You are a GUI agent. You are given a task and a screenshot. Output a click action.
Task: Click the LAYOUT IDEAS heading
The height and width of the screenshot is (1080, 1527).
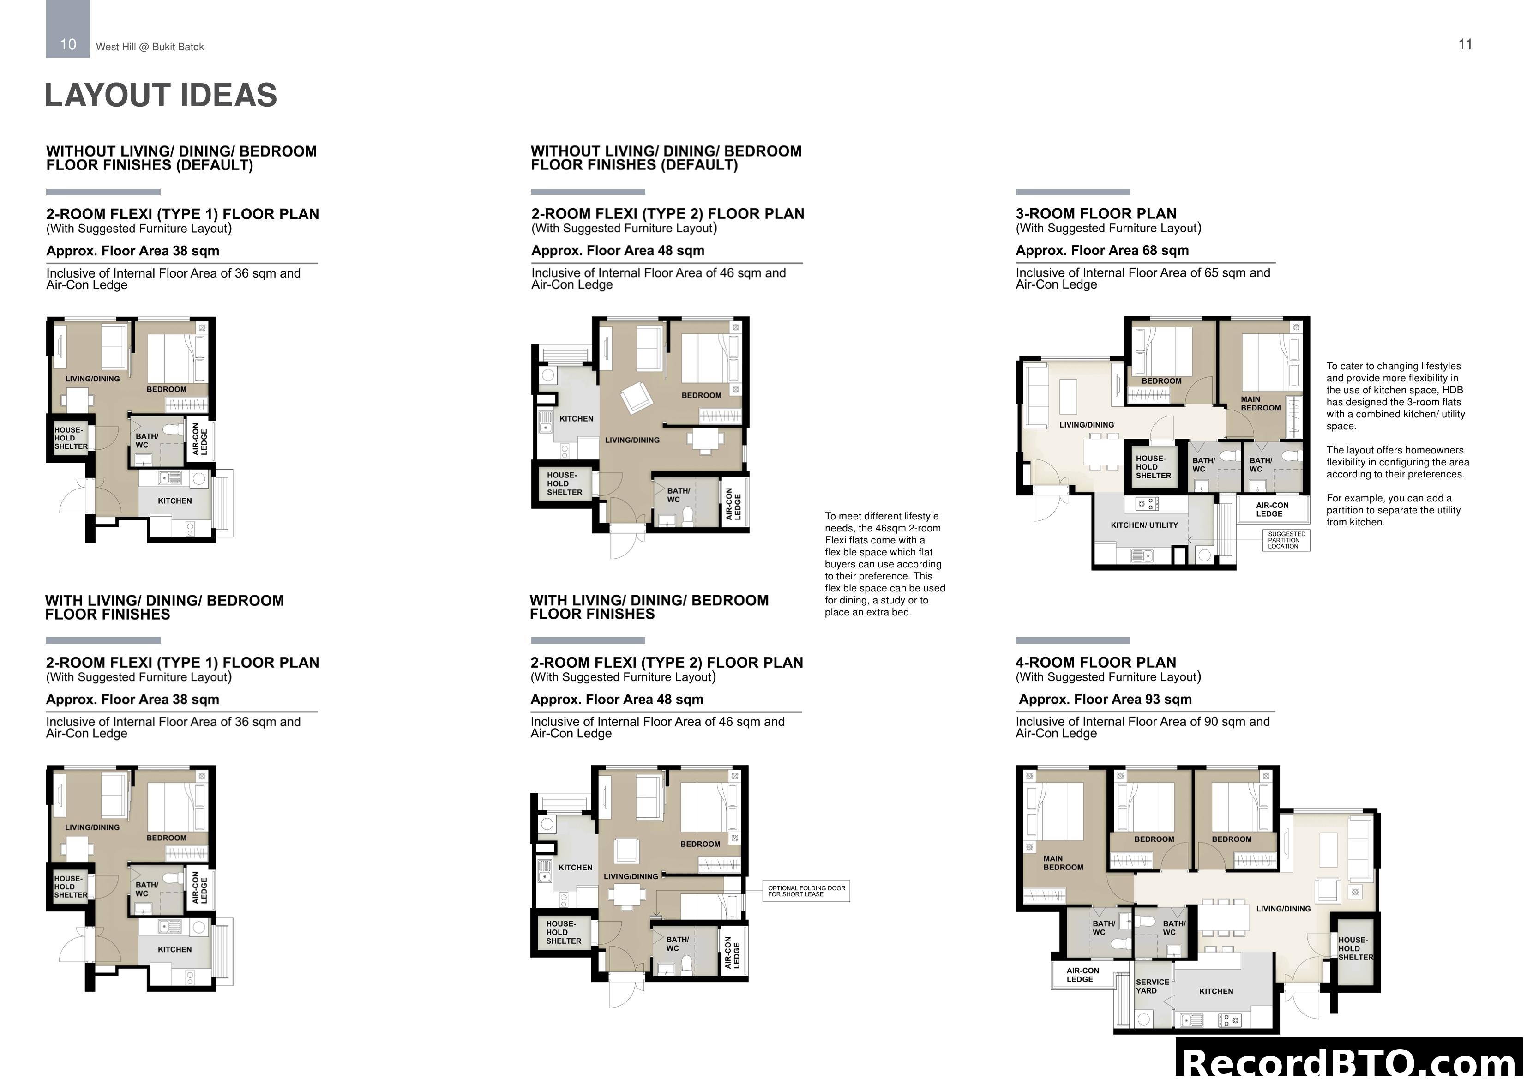pyautogui.click(x=160, y=95)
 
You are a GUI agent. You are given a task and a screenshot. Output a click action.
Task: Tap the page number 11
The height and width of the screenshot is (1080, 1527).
pyautogui.click(x=1465, y=45)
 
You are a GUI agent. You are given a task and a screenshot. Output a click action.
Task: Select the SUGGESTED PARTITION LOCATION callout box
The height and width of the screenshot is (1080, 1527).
pyautogui.click(x=1286, y=540)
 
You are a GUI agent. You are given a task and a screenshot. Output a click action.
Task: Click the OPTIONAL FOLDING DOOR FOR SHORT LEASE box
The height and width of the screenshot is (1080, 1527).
pyautogui.click(x=806, y=891)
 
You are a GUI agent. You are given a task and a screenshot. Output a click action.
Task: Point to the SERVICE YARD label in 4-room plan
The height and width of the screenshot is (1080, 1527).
pyautogui.click(x=1152, y=986)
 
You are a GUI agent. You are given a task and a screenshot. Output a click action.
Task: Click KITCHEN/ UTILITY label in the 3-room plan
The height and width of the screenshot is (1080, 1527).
pyautogui.click(x=1144, y=525)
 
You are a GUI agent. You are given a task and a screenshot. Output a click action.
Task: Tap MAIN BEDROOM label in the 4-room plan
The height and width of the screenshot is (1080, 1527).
pyautogui.click(x=1063, y=863)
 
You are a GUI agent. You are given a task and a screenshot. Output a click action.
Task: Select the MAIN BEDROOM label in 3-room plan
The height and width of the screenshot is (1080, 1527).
pyautogui.click(x=1260, y=403)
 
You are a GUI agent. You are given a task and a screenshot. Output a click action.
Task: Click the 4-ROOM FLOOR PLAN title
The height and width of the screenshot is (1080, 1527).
pyautogui.click(x=1095, y=662)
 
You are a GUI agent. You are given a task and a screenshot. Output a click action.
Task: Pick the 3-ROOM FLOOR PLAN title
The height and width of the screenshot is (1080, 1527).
pyautogui.click(x=1095, y=214)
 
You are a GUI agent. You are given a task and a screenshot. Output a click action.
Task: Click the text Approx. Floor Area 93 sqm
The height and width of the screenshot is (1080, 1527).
pyautogui.click(x=1105, y=700)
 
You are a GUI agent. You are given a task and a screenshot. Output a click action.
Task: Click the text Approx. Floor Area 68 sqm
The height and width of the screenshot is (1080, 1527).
pyautogui.click(x=1101, y=250)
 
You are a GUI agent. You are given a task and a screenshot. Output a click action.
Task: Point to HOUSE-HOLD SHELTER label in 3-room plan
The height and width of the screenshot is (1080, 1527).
pyautogui.click(x=1153, y=466)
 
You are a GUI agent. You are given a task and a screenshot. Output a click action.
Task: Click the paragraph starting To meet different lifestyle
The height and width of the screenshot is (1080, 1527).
pyautogui.click(x=884, y=564)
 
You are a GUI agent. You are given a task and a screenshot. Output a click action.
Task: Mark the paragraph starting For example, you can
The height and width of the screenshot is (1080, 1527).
pyautogui.click(x=1393, y=510)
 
